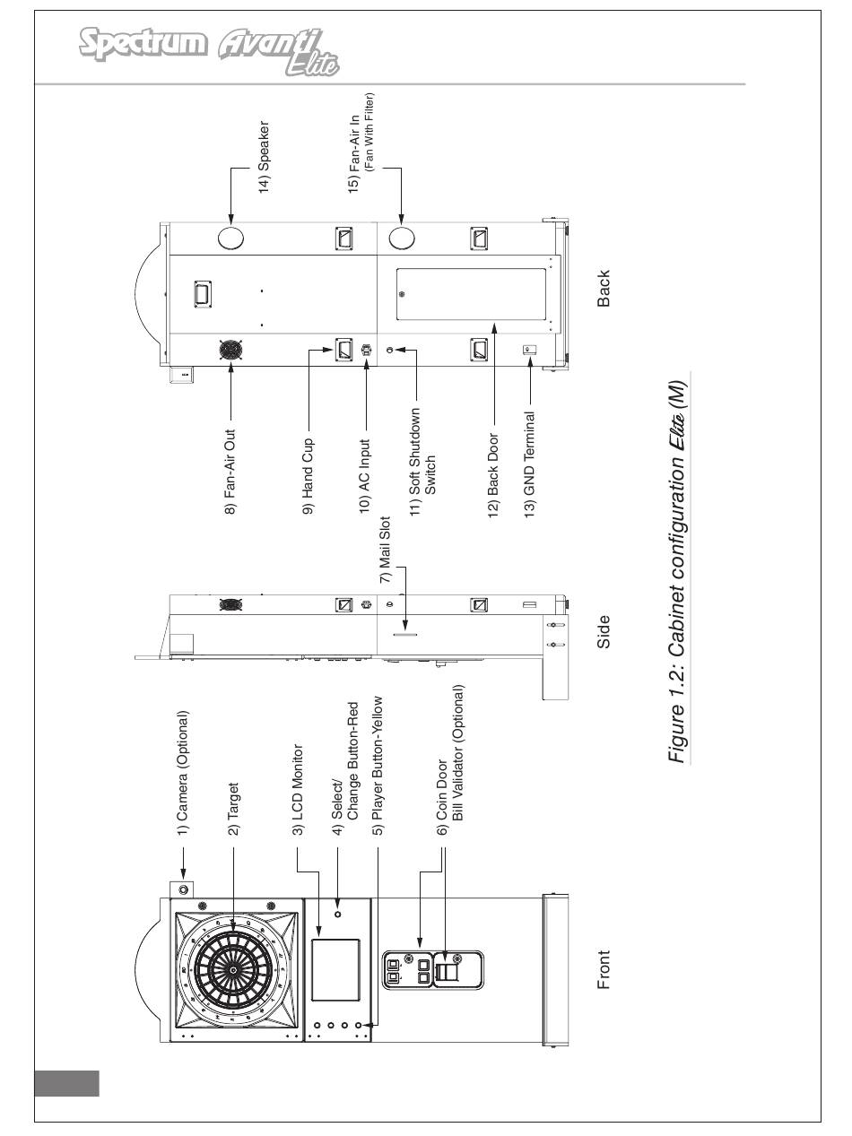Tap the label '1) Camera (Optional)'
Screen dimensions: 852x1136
(183, 773)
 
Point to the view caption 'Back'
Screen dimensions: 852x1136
(604, 289)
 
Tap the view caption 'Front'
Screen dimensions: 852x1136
(604, 970)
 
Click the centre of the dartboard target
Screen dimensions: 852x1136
(233, 969)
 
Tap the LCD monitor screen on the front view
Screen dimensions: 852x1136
(335, 970)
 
